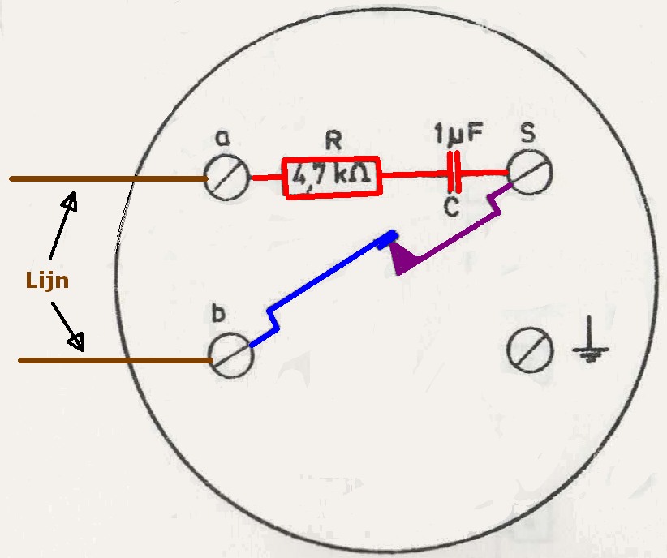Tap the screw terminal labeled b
point(231,357)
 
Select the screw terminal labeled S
point(530,172)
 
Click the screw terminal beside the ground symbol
point(530,350)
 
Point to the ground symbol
point(591,349)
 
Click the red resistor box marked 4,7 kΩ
point(332,177)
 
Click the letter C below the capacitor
point(451,207)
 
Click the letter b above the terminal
point(217,314)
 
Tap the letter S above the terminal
point(527,131)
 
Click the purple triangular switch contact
point(403,260)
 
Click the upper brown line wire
point(105,178)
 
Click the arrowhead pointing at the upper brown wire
point(73,199)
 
